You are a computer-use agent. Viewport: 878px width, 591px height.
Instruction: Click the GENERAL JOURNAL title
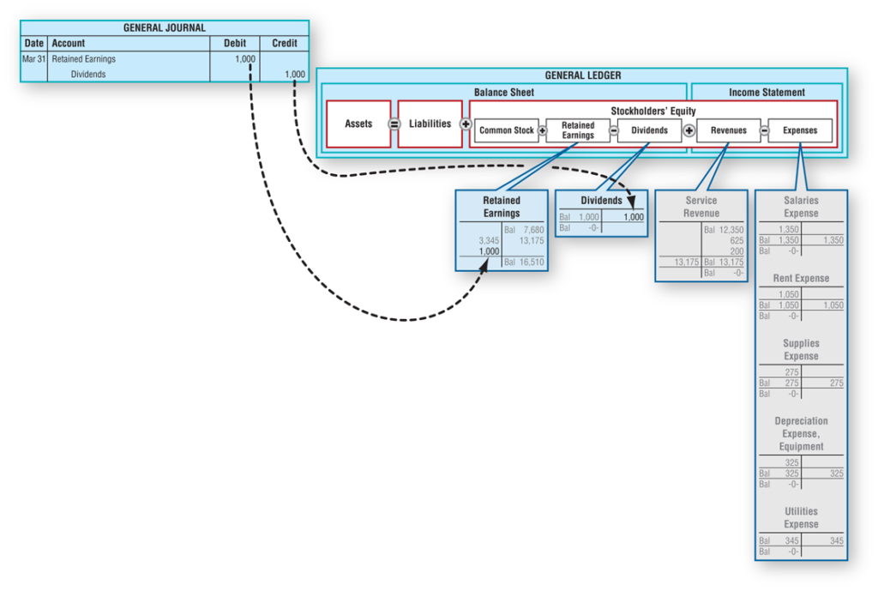(164, 27)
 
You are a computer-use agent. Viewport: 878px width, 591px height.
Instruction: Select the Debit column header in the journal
(234, 43)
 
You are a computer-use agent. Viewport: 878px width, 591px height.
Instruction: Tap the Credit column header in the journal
(284, 43)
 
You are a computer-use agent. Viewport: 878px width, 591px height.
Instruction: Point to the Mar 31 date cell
(33, 59)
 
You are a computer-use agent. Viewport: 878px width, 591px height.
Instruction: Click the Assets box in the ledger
(358, 124)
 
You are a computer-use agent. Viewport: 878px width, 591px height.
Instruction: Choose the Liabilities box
(430, 124)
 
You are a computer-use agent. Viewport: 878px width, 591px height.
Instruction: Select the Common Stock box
(506, 130)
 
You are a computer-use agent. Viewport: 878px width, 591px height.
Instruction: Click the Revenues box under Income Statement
(728, 130)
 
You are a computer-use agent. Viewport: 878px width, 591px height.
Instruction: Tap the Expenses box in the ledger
(799, 130)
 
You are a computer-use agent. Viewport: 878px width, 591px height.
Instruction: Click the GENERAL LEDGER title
(582, 75)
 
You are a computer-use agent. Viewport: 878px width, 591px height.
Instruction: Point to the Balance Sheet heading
(503, 92)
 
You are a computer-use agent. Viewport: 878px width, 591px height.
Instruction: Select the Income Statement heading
(767, 92)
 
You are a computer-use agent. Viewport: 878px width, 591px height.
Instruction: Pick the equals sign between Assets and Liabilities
(394, 124)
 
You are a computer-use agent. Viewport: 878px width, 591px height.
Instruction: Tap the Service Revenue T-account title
(701, 207)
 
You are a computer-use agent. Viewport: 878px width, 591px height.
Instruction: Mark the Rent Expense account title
(801, 278)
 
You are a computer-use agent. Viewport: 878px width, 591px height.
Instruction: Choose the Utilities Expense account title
(801, 517)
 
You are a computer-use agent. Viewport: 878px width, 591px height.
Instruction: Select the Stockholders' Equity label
(652, 111)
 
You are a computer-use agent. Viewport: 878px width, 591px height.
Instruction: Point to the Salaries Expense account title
(801, 207)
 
